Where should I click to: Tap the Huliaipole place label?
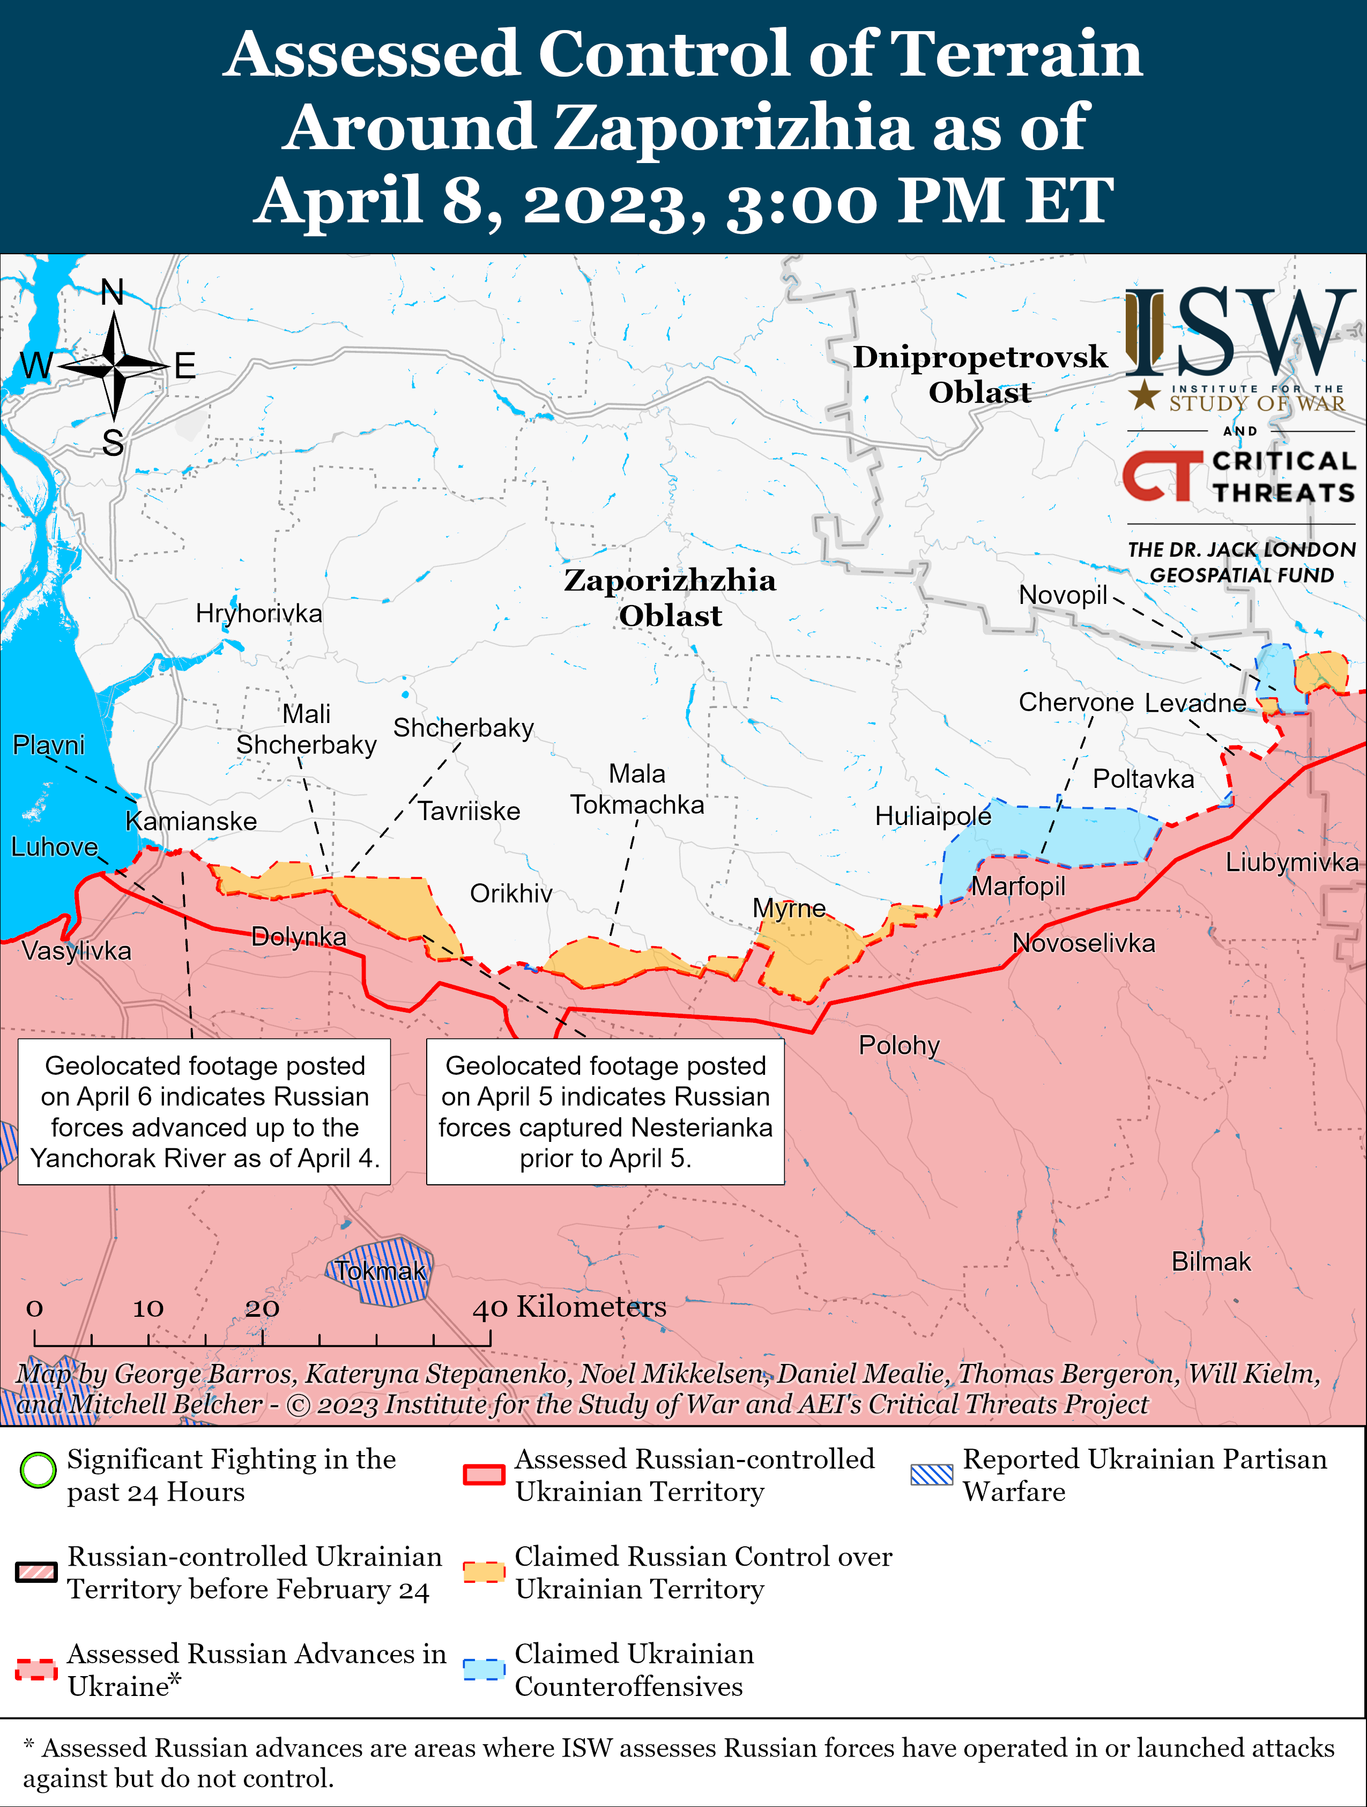(x=933, y=815)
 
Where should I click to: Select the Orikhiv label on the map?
(x=511, y=893)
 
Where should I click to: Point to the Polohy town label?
(x=899, y=1045)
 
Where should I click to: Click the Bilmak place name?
(x=1210, y=1262)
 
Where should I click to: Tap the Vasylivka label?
(x=76, y=950)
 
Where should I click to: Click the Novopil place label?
(x=1063, y=595)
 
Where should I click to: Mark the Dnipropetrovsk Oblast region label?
(x=980, y=374)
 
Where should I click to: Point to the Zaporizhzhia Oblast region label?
(x=670, y=597)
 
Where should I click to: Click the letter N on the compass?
(x=113, y=292)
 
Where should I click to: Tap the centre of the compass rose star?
(x=114, y=367)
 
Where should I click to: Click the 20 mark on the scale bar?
(x=262, y=1308)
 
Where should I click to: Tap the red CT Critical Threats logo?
(x=1161, y=476)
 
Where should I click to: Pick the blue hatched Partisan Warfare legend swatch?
(x=932, y=1474)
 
